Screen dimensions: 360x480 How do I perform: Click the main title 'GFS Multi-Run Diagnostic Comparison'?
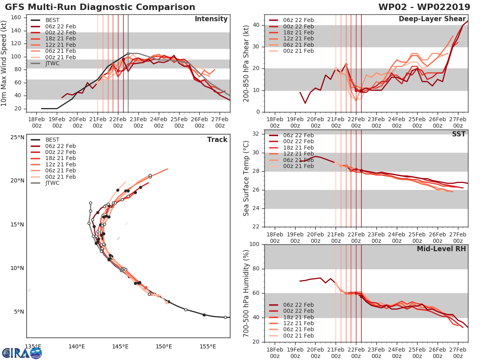(100, 7)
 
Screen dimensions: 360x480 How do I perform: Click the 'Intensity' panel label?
(211, 19)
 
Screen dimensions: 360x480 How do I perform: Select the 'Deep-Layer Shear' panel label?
(432, 19)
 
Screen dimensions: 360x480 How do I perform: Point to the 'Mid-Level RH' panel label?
(441, 249)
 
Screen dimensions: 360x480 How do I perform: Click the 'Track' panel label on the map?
(217, 140)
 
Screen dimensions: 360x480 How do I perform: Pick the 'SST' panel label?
(458, 134)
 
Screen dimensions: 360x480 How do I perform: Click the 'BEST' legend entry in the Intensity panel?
(52, 20)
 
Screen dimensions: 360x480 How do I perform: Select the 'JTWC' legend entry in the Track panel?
(52, 183)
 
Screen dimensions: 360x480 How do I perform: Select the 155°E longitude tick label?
(208, 346)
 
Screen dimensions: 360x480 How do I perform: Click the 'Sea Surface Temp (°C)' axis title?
(246, 178)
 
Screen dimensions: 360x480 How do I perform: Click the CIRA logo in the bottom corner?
(22, 353)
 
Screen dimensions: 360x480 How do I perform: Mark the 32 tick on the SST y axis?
(257, 134)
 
